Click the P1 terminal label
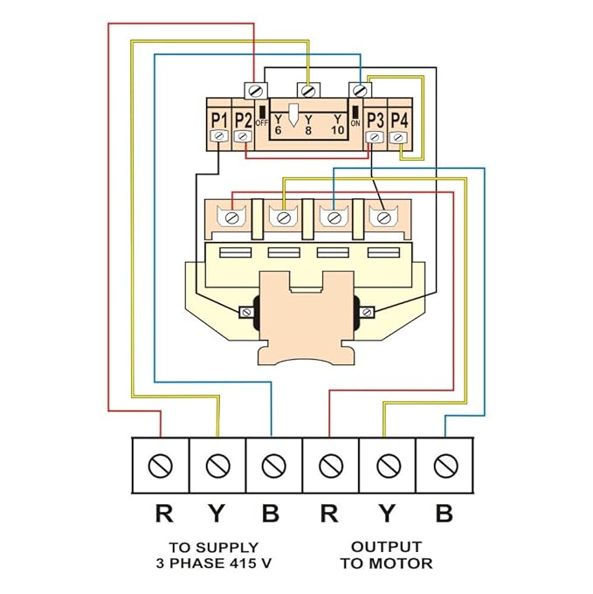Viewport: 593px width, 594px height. point(219,120)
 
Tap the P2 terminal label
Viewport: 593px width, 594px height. point(243,120)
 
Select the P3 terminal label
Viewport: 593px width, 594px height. point(376,120)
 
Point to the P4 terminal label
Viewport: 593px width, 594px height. point(399,120)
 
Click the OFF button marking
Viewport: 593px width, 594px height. point(262,123)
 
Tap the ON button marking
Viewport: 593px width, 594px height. point(355,123)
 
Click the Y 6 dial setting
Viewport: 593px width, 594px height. point(279,125)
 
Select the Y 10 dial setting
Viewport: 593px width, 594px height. point(337,125)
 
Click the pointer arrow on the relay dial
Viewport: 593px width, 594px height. point(293,115)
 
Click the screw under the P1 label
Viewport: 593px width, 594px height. point(218,135)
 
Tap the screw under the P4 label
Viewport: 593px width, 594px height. point(398,137)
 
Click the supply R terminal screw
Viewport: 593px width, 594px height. point(161,466)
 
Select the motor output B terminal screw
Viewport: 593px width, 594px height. point(445,466)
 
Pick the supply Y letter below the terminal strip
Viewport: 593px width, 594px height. point(217,514)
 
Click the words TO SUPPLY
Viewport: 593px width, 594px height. point(214,548)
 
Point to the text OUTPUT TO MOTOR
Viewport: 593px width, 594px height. point(386,555)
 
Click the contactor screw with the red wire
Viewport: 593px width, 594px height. point(231,218)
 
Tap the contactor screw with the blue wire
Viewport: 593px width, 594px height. point(334,218)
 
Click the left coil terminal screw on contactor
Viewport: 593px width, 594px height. point(247,312)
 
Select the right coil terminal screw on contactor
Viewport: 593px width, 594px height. point(366,312)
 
